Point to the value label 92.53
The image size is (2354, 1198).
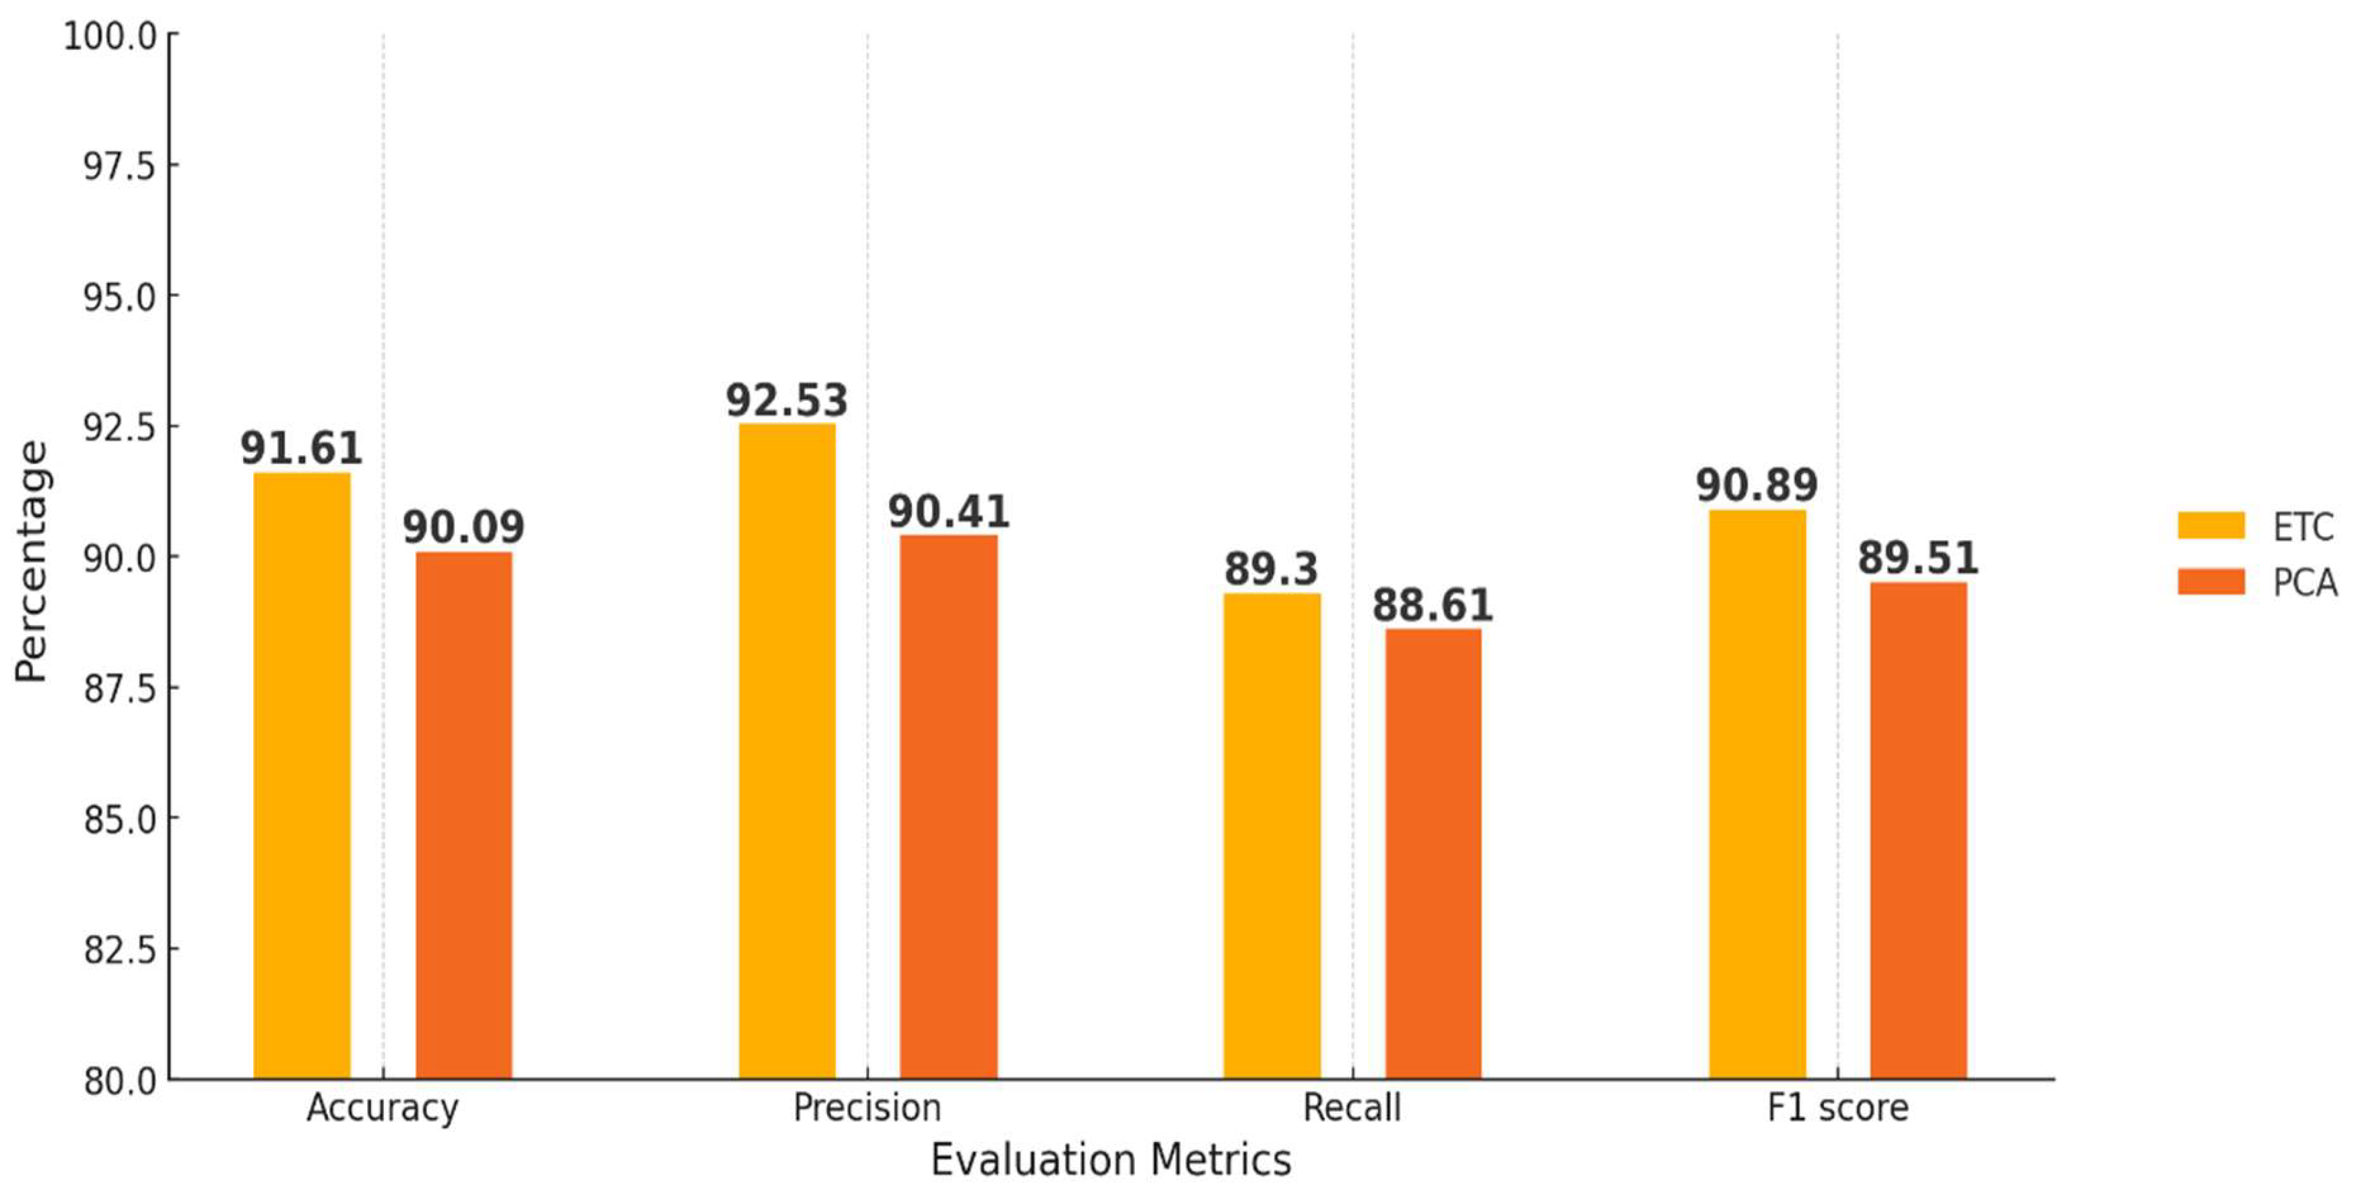click(787, 400)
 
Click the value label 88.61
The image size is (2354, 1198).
click(1433, 605)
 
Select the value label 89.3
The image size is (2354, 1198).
click(1271, 569)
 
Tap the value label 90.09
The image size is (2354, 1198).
click(463, 527)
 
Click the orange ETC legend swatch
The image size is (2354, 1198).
click(2211, 525)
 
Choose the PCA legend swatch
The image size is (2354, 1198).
click(2211, 581)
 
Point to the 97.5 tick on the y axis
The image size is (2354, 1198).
click(119, 166)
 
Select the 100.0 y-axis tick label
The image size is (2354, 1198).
click(110, 36)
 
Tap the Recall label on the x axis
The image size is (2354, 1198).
click(1352, 1108)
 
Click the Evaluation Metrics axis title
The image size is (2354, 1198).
click(1110, 1160)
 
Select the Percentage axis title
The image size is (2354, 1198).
click(31, 561)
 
